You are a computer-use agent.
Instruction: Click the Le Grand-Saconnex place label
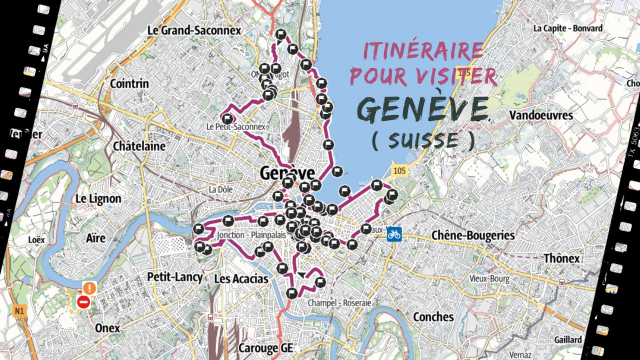194,30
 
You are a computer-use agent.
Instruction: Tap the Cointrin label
129,83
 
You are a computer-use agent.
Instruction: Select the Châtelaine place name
139,146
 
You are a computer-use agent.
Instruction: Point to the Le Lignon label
98,198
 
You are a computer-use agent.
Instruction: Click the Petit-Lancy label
175,277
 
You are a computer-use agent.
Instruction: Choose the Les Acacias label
241,278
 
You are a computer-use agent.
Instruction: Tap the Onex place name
107,328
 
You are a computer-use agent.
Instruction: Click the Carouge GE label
265,347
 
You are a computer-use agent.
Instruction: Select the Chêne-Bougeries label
465,235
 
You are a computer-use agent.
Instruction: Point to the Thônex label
561,258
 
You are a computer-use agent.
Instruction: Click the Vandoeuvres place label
541,115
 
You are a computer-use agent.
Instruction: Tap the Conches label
433,316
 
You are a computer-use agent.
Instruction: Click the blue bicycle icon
394,234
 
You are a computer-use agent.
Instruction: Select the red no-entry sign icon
83,302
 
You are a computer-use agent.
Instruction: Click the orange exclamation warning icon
89,288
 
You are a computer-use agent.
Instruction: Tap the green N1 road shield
19,311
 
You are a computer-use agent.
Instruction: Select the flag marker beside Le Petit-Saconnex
227,119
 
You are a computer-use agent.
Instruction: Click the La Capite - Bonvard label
567,28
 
